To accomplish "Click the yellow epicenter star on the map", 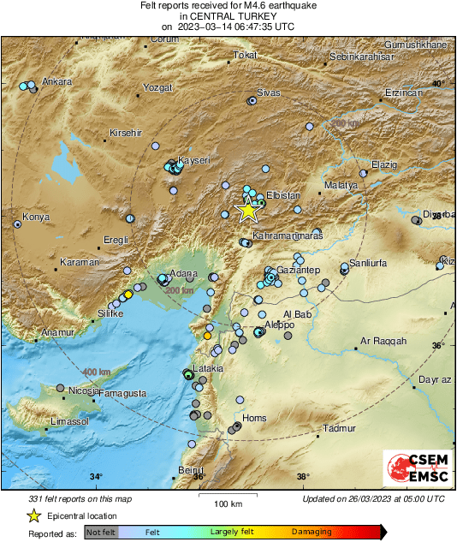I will click(247, 209).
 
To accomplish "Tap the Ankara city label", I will click(56, 82).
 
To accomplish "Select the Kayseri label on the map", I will click(193, 160).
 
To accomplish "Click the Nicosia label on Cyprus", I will click(83, 391).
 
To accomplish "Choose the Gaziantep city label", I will click(300, 271).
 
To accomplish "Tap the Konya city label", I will click(37, 216).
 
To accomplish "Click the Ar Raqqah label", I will click(383, 342).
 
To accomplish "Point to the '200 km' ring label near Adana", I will click(179, 291).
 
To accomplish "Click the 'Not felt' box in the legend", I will click(101, 532).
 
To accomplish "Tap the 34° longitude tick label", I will click(96, 477).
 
